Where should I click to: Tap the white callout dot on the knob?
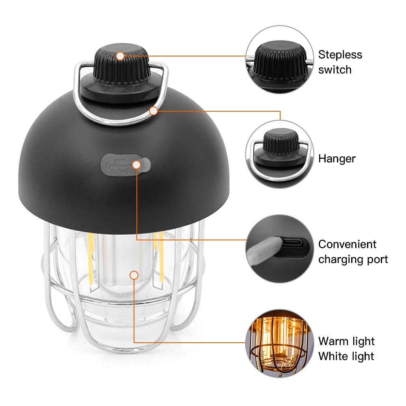coord(120,56)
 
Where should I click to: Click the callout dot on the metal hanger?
coord(153,111)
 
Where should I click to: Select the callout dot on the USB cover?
coord(136,165)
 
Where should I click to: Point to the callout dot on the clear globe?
coord(134,275)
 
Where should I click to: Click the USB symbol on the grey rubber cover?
coord(117,165)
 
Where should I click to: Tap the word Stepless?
coord(340,55)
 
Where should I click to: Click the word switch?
coord(335,70)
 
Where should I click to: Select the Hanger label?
coord(337,159)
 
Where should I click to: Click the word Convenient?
coord(347,244)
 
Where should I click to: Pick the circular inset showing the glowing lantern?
coord(280,343)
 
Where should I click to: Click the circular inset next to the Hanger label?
coord(280,154)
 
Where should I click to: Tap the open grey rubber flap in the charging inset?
coord(263,251)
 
